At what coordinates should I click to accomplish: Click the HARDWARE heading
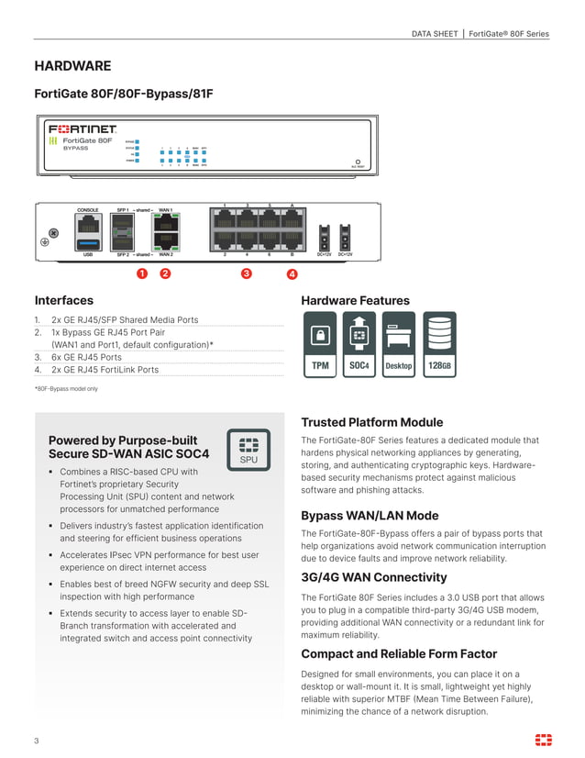click(x=72, y=66)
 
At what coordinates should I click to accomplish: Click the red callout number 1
click(x=142, y=273)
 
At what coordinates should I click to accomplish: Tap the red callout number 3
click(x=246, y=273)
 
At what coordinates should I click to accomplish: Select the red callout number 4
click(x=292, y=273)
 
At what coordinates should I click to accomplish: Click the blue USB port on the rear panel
click(x=88, y=242)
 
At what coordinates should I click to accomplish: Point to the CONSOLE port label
click(x=88, y=210)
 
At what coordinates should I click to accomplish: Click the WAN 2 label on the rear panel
click(x=166, y=254)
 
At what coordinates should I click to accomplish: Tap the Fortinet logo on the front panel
click(x=83, y=129)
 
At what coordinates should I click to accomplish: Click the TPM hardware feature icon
click(x=320, y=344)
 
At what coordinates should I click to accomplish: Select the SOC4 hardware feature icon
click(x=359, y=344)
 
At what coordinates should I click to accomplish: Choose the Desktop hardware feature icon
click(x=398, y=344)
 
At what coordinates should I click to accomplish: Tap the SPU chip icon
click(x=248, y=450)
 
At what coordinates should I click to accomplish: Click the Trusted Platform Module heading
click(x=371, y=422)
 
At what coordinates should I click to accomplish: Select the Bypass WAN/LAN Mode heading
click(x=370, y=516)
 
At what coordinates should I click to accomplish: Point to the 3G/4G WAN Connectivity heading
click(x=373, y=577)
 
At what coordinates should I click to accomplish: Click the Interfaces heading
click(x=63, y=300)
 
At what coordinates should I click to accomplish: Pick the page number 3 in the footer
click(x=37, y=741)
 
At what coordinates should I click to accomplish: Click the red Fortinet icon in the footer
click(x=543, y=740)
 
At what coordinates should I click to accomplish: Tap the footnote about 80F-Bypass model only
click(x=66, y=389)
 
